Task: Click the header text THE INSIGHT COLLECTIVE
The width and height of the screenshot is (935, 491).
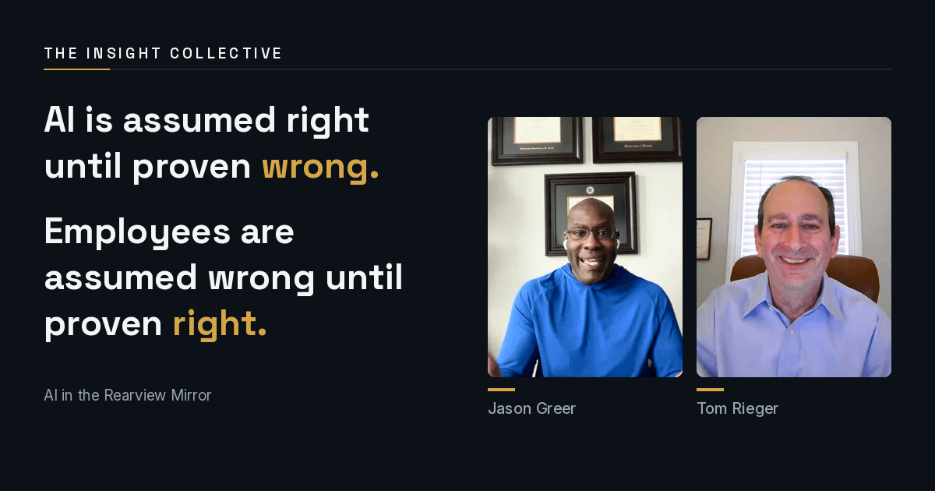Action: tap(163, 54)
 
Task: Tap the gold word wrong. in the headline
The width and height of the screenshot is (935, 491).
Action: tap(320, 167)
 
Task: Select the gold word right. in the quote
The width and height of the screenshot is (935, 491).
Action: tap(220, 323)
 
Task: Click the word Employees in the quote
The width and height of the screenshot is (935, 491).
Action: tap(137, 232)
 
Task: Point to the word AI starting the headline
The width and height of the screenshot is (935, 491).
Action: tap(59, 120)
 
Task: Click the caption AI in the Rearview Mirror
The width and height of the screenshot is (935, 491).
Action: tap(128, 395)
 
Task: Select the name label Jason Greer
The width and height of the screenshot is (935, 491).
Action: tap(531, 408)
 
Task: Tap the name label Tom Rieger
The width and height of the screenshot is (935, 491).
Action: tap(738, 408)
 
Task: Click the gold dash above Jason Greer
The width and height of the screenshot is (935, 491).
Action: tap(501, 390)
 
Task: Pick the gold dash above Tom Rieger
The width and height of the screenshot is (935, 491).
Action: tap(710, 390)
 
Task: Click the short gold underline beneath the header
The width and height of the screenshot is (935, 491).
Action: tap(77, 69)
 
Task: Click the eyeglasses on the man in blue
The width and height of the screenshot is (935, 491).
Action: tap(591, 233)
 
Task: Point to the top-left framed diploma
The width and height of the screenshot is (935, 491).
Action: tap(537, 140)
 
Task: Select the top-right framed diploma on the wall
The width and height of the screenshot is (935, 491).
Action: tap(637, 139)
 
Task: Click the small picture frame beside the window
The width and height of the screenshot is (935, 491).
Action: tap(704, 238)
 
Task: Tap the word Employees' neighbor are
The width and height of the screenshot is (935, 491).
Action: tap(267, 233)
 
